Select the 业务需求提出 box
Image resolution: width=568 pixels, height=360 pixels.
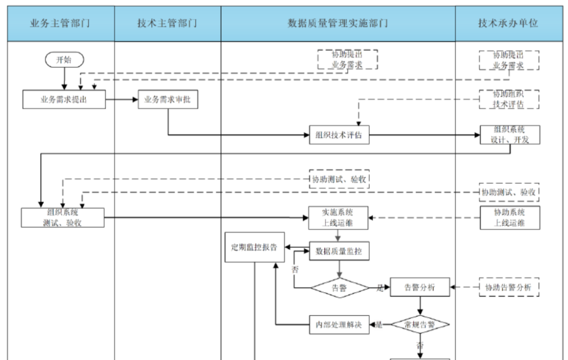point(64,99)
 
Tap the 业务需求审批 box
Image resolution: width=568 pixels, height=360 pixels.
point(168,99)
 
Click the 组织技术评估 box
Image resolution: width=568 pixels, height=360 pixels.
point(339,135)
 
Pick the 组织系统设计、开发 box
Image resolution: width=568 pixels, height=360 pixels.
point(510,135)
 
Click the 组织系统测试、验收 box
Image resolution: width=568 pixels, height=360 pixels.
point(63,217)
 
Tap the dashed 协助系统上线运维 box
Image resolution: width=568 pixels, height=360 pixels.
point(510,217)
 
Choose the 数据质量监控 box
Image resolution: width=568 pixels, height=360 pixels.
point(339,252)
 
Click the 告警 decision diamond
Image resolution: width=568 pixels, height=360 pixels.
point(339,288)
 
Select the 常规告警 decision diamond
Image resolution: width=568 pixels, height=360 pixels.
point(420,324)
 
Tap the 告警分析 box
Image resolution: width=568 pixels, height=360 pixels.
point(420,288)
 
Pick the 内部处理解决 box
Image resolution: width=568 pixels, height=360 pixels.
point(339,324)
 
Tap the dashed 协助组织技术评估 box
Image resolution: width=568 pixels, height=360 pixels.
point(510,99)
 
